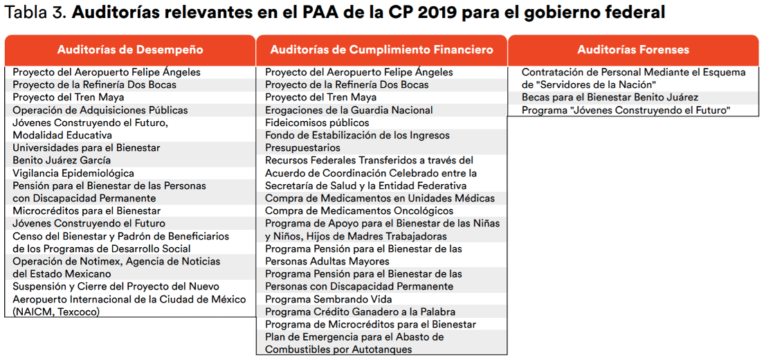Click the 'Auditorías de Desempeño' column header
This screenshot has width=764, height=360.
pos(130,50)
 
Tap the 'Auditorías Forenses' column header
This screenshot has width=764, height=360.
pos(633,50)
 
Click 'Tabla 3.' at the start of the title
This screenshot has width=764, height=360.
pos(35,12)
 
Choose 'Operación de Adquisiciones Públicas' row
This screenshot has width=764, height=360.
pos(100,110)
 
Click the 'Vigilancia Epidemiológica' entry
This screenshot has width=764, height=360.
pos(73,173)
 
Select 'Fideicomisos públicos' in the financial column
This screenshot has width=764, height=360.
pos(317,123)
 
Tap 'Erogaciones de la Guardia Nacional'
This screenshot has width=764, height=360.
pos(349,110)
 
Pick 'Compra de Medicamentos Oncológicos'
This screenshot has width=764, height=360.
pos(359,211)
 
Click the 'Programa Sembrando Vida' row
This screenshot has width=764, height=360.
pos(329,299)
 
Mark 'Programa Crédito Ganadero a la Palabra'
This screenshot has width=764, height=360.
pos(360,312)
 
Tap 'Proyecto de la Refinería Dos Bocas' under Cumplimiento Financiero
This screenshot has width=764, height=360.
pos(347,84)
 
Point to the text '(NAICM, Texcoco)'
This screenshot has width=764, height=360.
pos(56,312)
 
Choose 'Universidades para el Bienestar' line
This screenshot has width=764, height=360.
pos(87,147)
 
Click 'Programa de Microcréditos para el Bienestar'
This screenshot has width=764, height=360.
pos(371,325)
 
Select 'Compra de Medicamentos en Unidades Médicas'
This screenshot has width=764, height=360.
pos(380,198)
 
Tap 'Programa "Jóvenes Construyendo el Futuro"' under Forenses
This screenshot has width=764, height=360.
pos(626,110)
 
